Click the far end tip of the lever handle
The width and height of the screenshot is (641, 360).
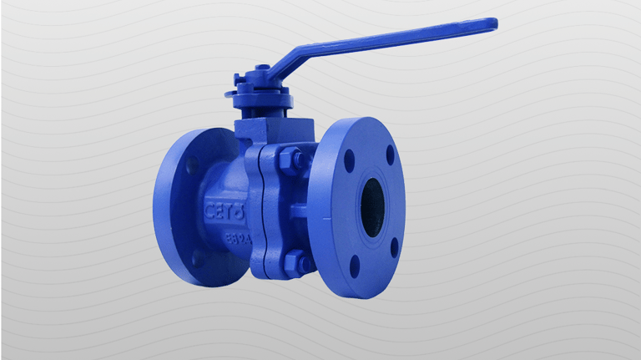click(x=492, y=24)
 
